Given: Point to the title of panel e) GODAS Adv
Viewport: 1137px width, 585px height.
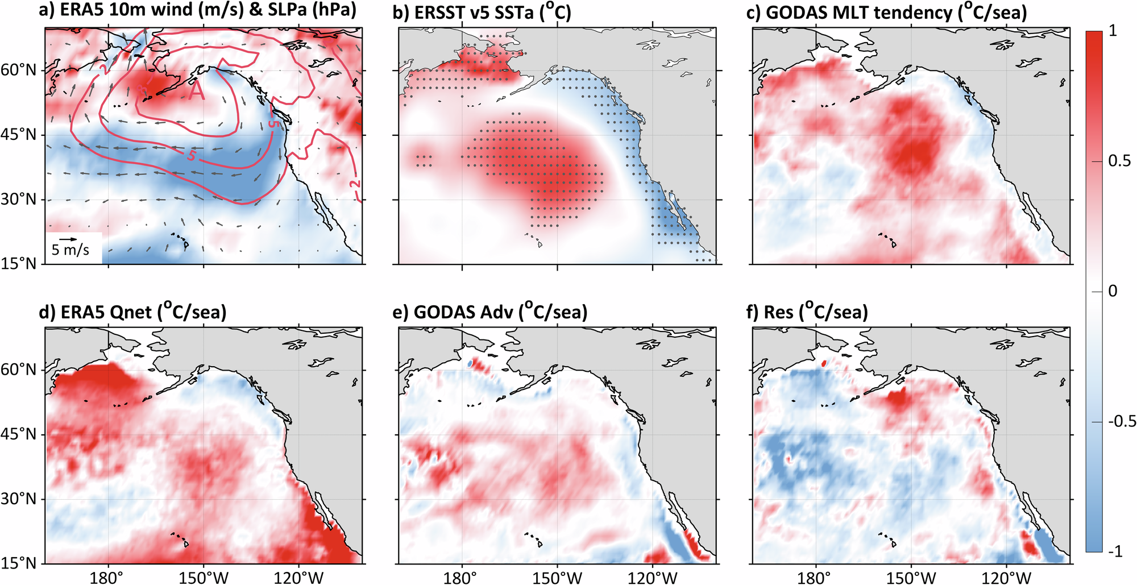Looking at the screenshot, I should point(490,312).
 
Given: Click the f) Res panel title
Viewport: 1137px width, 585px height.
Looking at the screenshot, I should point(810,312).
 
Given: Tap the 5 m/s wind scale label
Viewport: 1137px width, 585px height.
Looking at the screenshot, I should point(70,250).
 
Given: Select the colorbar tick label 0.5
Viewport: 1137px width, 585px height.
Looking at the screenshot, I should point(1119,161).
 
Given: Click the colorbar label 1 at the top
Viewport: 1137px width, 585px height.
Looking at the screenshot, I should point(1113,31).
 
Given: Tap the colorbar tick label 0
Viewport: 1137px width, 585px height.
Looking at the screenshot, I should point(1113,291).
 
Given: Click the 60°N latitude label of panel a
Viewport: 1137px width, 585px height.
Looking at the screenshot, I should point(20,70).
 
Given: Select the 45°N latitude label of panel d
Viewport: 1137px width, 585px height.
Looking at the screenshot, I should point(20,435).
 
